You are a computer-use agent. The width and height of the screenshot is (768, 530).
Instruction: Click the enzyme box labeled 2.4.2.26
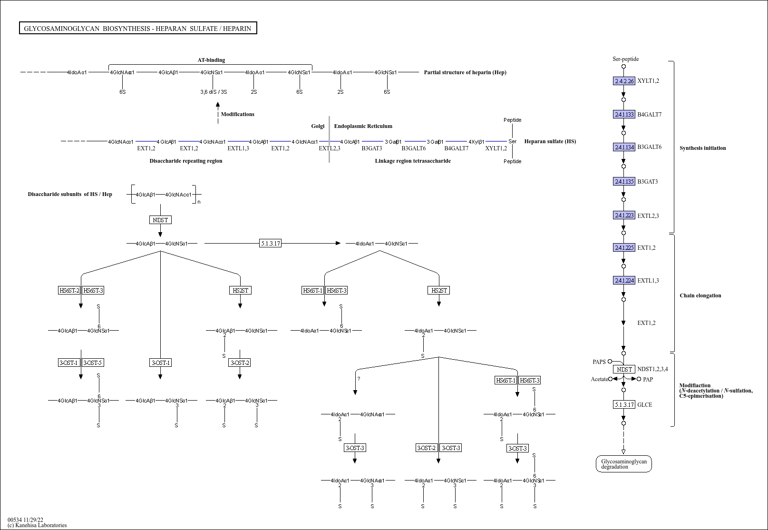coord(624,81)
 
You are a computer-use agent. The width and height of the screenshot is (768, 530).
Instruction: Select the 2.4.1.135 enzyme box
coord(624,181)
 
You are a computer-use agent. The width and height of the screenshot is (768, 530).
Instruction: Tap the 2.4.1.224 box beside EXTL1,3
coord(624,280)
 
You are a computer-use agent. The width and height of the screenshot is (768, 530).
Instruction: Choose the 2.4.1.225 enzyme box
coord(624,247)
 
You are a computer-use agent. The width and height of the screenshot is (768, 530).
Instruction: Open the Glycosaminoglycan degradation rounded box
coord(623,464)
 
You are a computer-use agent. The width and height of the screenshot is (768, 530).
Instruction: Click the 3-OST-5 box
coord(93,363)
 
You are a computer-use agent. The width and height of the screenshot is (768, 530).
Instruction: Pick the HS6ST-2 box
coord(69,290)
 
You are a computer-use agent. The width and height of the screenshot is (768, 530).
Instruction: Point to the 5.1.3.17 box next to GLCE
coord(624,404)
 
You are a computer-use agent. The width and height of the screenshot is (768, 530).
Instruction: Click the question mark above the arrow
coord(359,379)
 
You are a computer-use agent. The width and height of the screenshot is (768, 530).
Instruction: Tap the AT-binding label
coord(211,60)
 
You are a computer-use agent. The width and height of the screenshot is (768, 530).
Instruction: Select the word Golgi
coord(318,126)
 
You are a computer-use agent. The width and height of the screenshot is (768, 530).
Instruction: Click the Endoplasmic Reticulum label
coord(363,126)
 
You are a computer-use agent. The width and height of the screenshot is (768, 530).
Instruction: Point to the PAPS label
coord(599,362)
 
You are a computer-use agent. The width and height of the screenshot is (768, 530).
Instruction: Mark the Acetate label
coord(599,379)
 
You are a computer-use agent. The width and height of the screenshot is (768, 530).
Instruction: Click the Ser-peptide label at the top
coord(625,59)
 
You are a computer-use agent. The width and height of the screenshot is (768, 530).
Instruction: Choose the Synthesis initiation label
coord(702,148)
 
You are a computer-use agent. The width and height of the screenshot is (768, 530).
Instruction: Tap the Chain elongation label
coord(700,295)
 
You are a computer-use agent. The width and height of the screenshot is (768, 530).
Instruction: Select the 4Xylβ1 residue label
coord(476,142)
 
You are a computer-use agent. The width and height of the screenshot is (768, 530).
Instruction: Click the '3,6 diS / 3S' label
coord(214,92)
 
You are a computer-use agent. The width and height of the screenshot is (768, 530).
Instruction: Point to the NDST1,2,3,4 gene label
coord(652,369)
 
